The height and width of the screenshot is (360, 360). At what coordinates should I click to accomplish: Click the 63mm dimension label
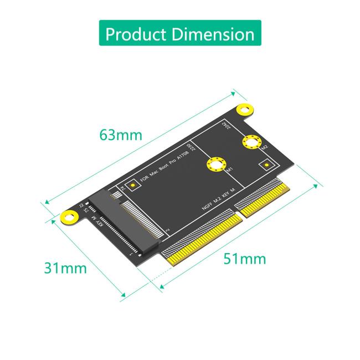(x=120, y=135)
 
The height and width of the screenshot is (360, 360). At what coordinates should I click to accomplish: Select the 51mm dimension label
(x=244, y=258)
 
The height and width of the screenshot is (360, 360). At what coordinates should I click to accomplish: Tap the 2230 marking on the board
(x=191, y=148)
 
